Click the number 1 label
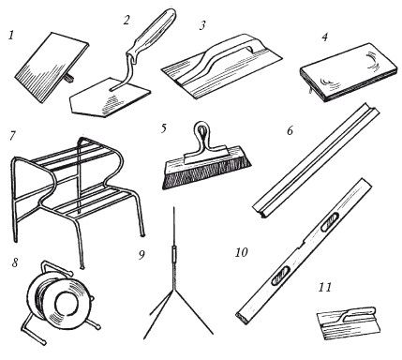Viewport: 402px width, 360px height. (x=11, y=35)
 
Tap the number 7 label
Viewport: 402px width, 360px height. (x=12, y=136)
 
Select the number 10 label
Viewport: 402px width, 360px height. (x=241, y=252)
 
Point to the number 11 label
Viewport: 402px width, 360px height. (x=325, y=287)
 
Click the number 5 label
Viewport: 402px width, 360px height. (x=164, y=128)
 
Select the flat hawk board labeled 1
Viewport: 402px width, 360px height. (x=52, y=67)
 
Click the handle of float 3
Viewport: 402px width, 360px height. (x=225, y=52)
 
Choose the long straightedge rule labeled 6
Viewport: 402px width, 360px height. (x=316, y=159)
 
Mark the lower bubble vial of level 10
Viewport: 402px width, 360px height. (x=280, y=276)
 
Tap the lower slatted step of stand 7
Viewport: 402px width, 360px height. (x=94, y=203)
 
